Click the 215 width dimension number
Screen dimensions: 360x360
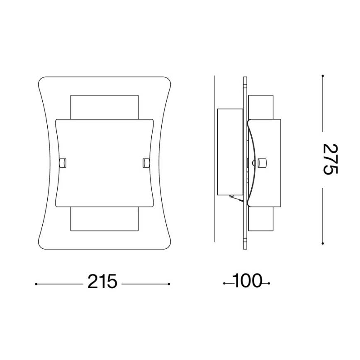pyautogui.click(x=102, y=282)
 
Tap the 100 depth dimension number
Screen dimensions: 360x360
pyautogui.click(x=247, y=282)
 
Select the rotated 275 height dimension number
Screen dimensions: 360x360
pyautogui.click(x=331, y=159)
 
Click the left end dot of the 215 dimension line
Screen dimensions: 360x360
pyautogui.click(x=36, y=284)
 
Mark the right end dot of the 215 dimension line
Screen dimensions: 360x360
pyautogui.click(x=169, y=284)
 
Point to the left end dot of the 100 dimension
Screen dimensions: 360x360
pyautogui.click(x=224, y=284)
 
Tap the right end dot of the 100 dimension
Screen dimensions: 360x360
pyautogui.click(x=270, y=284)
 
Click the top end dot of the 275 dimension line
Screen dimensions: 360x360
pyautogui.click(x=323, y=76)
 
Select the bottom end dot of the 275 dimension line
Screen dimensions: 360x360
pyautogui.click(x=323, y=243)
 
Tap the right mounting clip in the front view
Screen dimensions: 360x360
pyautogui.click(x=146, y=163)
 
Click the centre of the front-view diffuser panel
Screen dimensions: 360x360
pyautogui.click(x=104, y=163)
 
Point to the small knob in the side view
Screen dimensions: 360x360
pyautogui.click(x=262, y=163)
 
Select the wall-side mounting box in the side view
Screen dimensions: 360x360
pyautogui.click(x=230, y=152)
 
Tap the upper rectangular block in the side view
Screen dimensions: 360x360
pyautogui.click(x=261, y=107)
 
